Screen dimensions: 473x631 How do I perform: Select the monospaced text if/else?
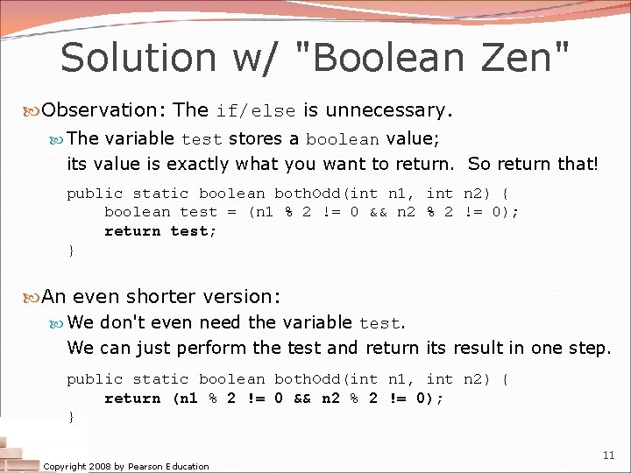tap(256, 111)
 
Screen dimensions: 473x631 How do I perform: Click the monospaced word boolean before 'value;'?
tap(343, 139)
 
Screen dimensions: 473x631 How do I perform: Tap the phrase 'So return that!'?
tap(532, 164)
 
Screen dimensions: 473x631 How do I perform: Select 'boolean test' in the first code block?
tap(160, 212)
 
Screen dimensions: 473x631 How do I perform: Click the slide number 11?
tap(608, 455)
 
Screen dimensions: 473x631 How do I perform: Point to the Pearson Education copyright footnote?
tap(126, 466)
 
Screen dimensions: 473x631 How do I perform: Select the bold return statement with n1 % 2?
tap(274, 399)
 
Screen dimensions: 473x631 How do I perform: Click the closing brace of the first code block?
tap(71, 251)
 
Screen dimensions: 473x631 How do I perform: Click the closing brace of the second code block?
tap(71, 417)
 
